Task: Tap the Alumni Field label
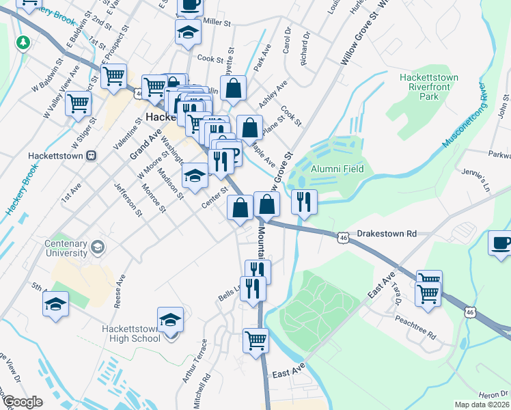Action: (x=337, y=169)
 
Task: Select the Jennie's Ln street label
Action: (x=477, y=180)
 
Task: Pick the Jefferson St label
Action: (x=128, y=199)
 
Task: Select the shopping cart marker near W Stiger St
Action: (x=79, y=103)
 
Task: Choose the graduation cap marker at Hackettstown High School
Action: (x=170, y=318)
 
